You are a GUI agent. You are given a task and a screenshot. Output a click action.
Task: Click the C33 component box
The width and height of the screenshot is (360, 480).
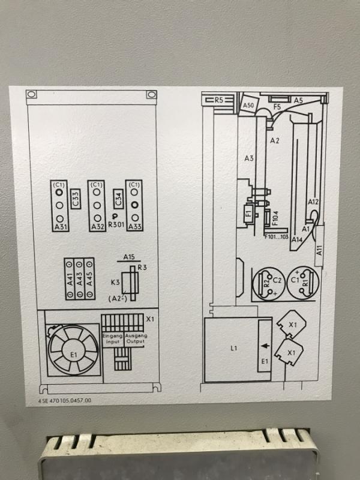pyautogui.click(x=76, y=199)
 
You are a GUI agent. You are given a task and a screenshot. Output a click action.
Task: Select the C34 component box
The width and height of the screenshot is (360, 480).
pyautogui.click(x=118, y=199)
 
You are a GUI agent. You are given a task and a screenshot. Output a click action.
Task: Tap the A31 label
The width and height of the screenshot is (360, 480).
pyautogui.click(x=61, y=227)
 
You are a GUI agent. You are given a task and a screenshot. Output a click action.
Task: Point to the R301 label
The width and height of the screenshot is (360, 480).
pyautogui.click(x=116, y=224)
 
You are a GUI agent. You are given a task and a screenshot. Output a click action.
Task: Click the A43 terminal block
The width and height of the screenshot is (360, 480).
pyautogui.click(x=80, y=278)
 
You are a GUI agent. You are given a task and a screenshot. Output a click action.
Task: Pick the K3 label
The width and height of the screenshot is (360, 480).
pyautogui.click(x=115, y=282)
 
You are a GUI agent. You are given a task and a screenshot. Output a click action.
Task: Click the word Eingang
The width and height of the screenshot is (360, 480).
pyautogui.click(x=112, y=336)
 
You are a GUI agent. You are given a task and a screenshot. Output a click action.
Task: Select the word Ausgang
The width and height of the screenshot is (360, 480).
pyautogui.click(x=136, y=336)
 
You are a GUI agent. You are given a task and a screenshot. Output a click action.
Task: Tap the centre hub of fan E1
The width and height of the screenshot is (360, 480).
pyautogui.click(x=73, y=350)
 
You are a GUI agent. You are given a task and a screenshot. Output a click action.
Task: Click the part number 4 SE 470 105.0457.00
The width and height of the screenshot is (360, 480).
pyautogui.click(x=65, y=400)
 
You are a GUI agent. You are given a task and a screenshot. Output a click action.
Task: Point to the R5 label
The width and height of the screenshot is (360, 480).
pyautogui.click(x=219, y=100)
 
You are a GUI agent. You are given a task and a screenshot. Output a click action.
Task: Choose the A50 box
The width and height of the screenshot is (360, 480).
pyautogui.click(x=248, y=105)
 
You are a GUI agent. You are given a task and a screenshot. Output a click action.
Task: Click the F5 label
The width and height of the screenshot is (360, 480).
pyautogui.click(x=277, y=107)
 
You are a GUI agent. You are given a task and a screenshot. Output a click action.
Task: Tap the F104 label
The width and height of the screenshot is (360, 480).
pyautogui.click(x=275, y=218)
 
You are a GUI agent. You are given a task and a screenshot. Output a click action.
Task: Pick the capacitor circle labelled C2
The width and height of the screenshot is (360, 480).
pyautogui.click(x=269, y=284)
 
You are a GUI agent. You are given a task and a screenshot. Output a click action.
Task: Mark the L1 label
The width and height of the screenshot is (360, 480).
pyautogui.click(x=234, y=348)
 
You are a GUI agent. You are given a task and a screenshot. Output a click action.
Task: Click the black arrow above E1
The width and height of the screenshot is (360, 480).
pyautogui.click(x=265, y=346)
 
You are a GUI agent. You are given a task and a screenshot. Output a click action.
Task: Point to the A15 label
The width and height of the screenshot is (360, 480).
pyautogui.click(x=129, y=257)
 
